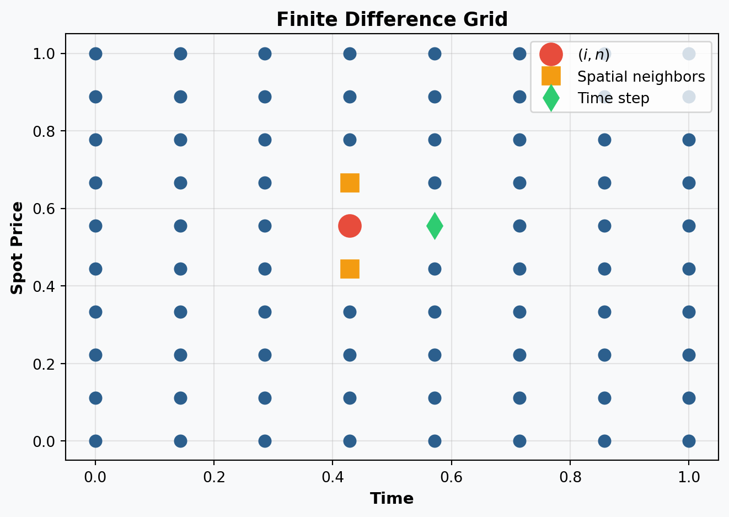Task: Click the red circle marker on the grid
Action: click(x=350, y=226)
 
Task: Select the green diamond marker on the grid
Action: click(x=435, y=226)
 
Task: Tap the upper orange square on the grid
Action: click(x=350, y=183)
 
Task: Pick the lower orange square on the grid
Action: click(x=350, y=269)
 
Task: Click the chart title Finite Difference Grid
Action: click(x=392, y=19)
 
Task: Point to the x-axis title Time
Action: click(x=392, y=498)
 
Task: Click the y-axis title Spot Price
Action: click(x=17, y=248)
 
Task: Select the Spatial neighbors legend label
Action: click(x=641, y=77)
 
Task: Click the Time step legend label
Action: click(x=613, y=98)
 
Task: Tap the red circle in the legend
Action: click(x=551, y=55)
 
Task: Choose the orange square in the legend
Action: click(x=551, y=76)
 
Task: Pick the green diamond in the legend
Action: click(x=551, y=98)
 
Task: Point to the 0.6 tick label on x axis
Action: click(x=452, y=477)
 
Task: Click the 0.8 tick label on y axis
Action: click(x=44, y=131)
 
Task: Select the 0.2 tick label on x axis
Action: click(x=214, y=477)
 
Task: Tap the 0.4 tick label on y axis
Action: click(x=44, y=286)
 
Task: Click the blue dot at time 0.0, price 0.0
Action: click(x=96, y=441)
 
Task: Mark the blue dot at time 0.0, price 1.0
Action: click(x=96, y=54)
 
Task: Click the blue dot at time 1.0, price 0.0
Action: click(x=689, y=441)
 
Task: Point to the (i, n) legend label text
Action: click(x=593, y=55)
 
